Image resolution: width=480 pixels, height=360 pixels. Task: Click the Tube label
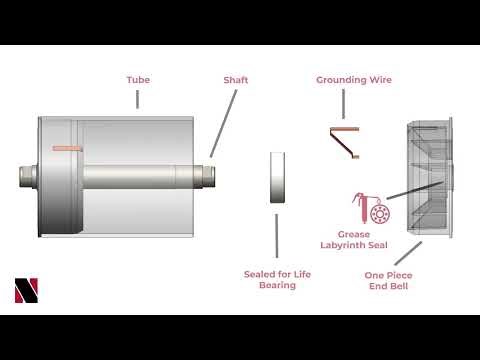138,79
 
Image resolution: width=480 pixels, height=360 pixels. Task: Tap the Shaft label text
236,79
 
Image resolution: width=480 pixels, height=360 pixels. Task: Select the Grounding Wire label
354,79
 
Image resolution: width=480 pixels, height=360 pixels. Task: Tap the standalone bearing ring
277,178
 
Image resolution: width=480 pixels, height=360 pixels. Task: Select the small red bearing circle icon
379,217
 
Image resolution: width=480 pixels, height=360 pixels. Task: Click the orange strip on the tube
66,148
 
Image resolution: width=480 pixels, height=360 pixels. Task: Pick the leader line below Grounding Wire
343,104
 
